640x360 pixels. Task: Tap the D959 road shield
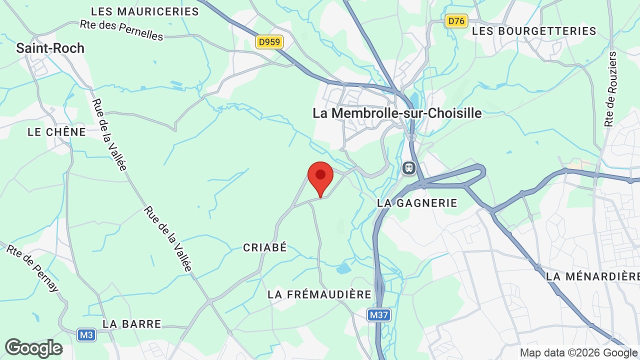coord(269,42)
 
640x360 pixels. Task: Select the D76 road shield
coord(456,21)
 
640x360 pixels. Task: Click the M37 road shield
coord(378,315)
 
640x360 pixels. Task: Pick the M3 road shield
coord(86,334)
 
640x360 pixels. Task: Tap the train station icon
coord(409,168)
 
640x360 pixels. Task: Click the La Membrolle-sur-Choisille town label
coord(397,113)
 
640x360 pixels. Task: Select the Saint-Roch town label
coord(50,48)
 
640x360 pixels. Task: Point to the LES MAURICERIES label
coord(145,11)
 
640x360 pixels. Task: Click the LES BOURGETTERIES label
coord(534,31)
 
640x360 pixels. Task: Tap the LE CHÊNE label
coord(56,132)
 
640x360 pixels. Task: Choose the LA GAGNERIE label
coord(417,202)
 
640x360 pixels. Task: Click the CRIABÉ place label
coord(265,247)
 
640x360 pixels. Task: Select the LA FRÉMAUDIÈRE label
coord(319,294)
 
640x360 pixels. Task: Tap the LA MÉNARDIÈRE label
coord(592,276)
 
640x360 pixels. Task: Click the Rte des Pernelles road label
coord(121,30)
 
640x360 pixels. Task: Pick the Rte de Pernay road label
coord(32,267)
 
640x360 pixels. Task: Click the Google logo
coord(33,348)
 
